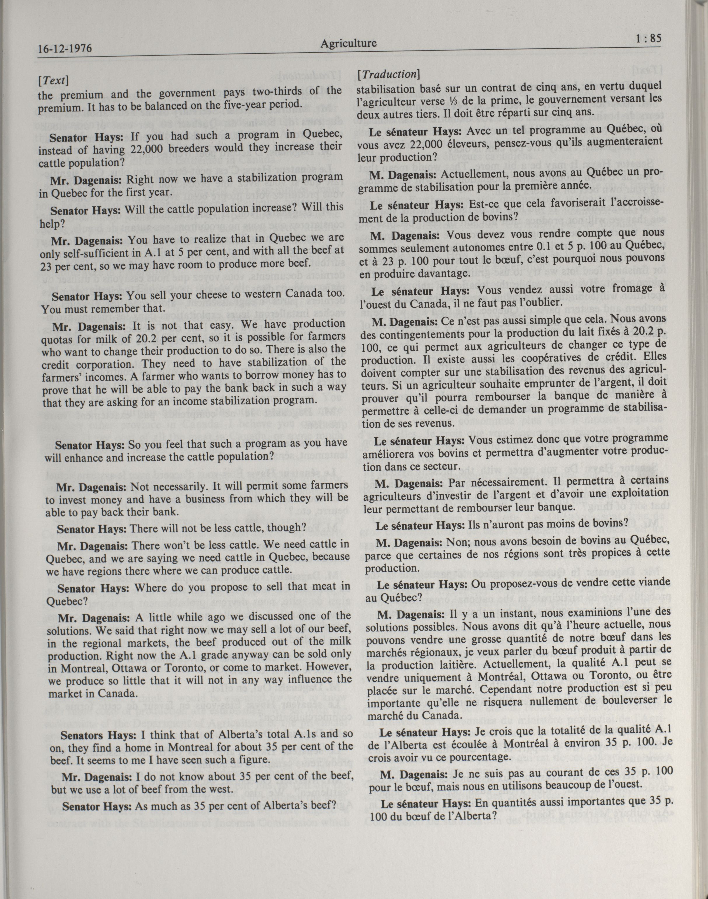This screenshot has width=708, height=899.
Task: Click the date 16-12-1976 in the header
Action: (64, 49)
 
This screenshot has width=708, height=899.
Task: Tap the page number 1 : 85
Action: (648, 39)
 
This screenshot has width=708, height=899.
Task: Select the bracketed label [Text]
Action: (53, 80)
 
